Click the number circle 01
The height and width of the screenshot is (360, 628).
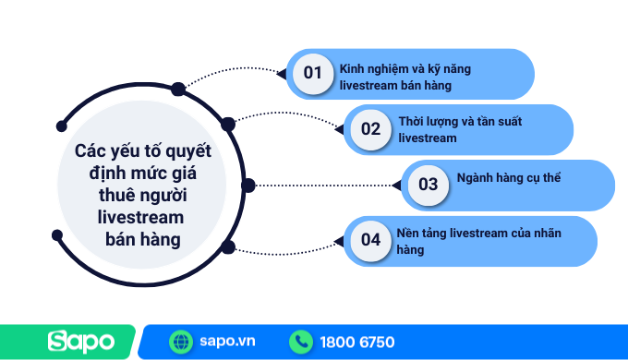point(312,73)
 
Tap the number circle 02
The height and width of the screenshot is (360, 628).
point(370,129)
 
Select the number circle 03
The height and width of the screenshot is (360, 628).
point(428,185)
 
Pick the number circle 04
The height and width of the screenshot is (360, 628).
point(370,240)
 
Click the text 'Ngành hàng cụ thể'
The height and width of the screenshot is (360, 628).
point(510,176)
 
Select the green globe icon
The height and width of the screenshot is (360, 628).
point(181,342)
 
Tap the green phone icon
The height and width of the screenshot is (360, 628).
point(301,342)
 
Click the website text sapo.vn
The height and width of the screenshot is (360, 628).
point(227,342)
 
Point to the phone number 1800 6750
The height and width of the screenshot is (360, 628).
point(357,342)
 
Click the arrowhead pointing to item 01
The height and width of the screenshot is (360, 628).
point(283,73)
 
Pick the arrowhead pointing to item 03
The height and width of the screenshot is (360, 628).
point(396,185)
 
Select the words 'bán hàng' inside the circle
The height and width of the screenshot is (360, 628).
point(140,239)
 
